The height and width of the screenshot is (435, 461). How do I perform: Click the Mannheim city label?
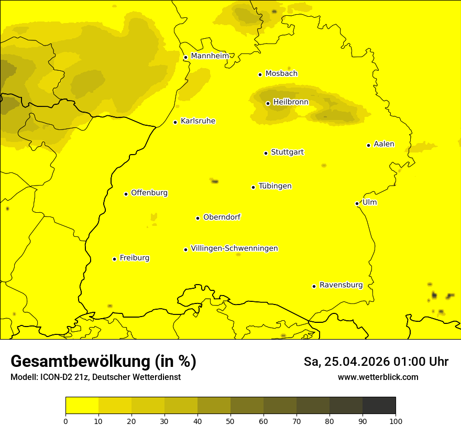click(210, 56)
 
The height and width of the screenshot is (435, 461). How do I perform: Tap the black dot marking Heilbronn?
click(268, 103)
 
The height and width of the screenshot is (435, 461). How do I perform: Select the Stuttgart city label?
click(287, 153)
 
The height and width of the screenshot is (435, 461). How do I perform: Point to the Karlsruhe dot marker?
click(175, 122)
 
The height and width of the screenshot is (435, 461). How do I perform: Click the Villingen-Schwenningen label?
click(234, 248)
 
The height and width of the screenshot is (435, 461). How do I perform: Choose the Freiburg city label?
click(134, 258)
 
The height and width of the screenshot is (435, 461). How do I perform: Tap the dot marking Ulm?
click(357, 203)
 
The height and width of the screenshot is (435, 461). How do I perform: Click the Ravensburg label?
click(341, 285)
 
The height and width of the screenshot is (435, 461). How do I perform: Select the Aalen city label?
click(384, 144)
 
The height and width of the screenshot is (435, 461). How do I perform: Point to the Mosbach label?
click(281, 74)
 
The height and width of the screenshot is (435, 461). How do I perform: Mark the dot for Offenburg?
click(126, 194)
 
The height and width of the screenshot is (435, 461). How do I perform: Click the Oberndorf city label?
click(222, 217)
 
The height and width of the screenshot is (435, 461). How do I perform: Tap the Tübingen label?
click(275, 186)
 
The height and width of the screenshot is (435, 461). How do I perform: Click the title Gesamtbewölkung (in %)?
click(103, 362)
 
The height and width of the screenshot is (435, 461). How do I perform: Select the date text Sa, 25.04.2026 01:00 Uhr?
click(376, 362)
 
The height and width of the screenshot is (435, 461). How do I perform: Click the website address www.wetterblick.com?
click(378, 377)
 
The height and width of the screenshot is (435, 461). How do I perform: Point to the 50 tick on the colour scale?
click(230, 421)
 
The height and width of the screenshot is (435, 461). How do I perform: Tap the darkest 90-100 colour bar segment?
click(379, 405)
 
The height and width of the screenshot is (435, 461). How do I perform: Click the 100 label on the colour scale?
click(396, 421)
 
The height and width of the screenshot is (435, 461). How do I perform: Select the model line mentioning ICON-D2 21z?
click(95, 377)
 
